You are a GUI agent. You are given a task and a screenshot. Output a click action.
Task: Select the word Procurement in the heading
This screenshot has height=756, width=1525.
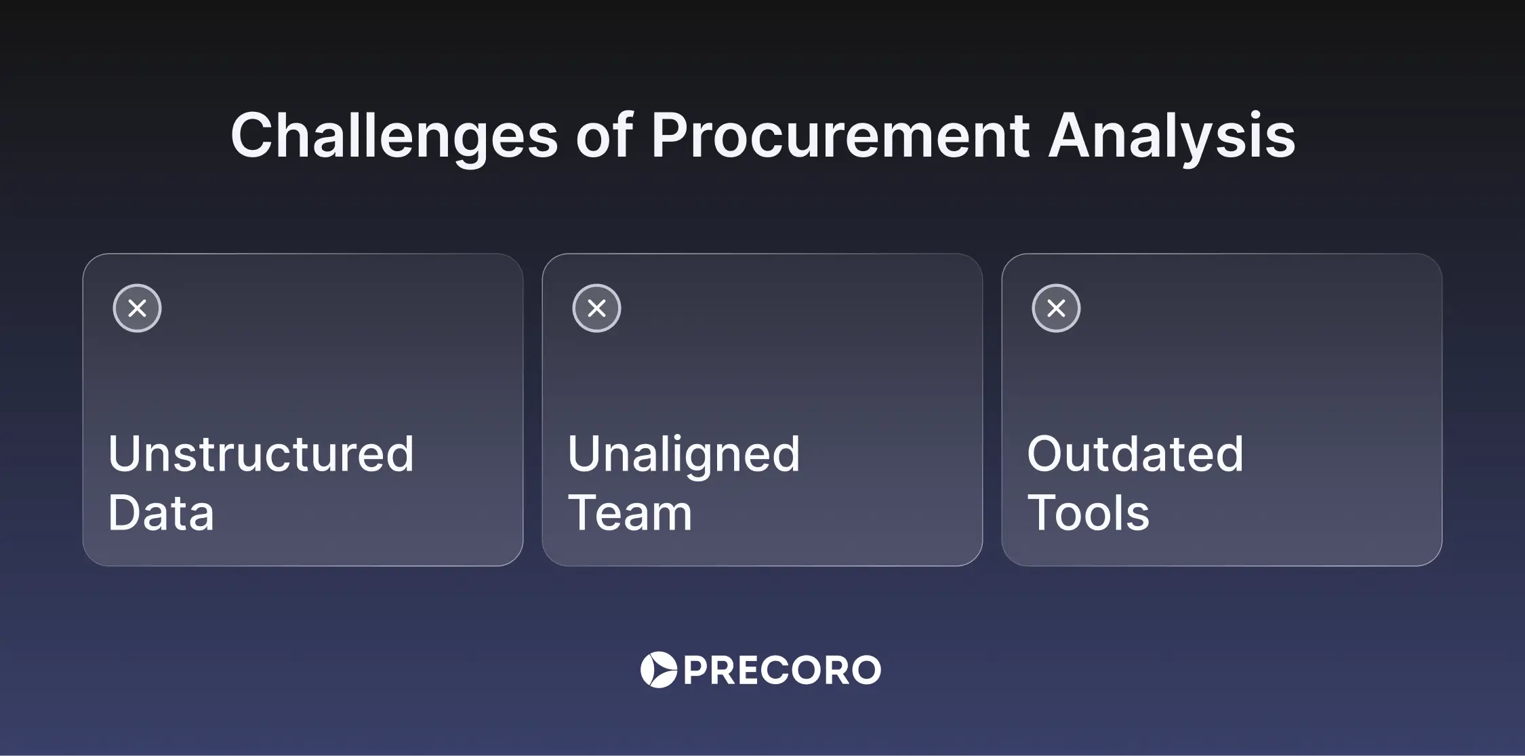pos(840,135)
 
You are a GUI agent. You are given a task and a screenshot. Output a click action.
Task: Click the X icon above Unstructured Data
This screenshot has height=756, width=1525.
pos(137,308)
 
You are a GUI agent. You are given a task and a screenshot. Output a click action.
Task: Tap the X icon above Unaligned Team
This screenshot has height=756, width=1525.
pos(596,308)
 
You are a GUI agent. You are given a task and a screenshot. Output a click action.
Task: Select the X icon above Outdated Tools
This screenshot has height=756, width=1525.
pos(1056,308)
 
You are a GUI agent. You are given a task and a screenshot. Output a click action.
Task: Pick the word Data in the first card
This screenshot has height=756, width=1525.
pos(161,512)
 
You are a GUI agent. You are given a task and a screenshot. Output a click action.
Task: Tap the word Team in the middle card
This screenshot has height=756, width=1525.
pos(630,512)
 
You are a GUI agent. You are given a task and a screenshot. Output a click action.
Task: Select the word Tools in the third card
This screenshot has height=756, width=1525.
pos(1089,512)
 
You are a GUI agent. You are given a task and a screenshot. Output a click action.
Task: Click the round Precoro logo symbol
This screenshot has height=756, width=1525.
pos(659,670)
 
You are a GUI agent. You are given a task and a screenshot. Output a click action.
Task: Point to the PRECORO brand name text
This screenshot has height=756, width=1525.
pos(782,671)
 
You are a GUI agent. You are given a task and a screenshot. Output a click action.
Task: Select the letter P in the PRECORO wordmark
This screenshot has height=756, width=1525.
pos(696,671)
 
